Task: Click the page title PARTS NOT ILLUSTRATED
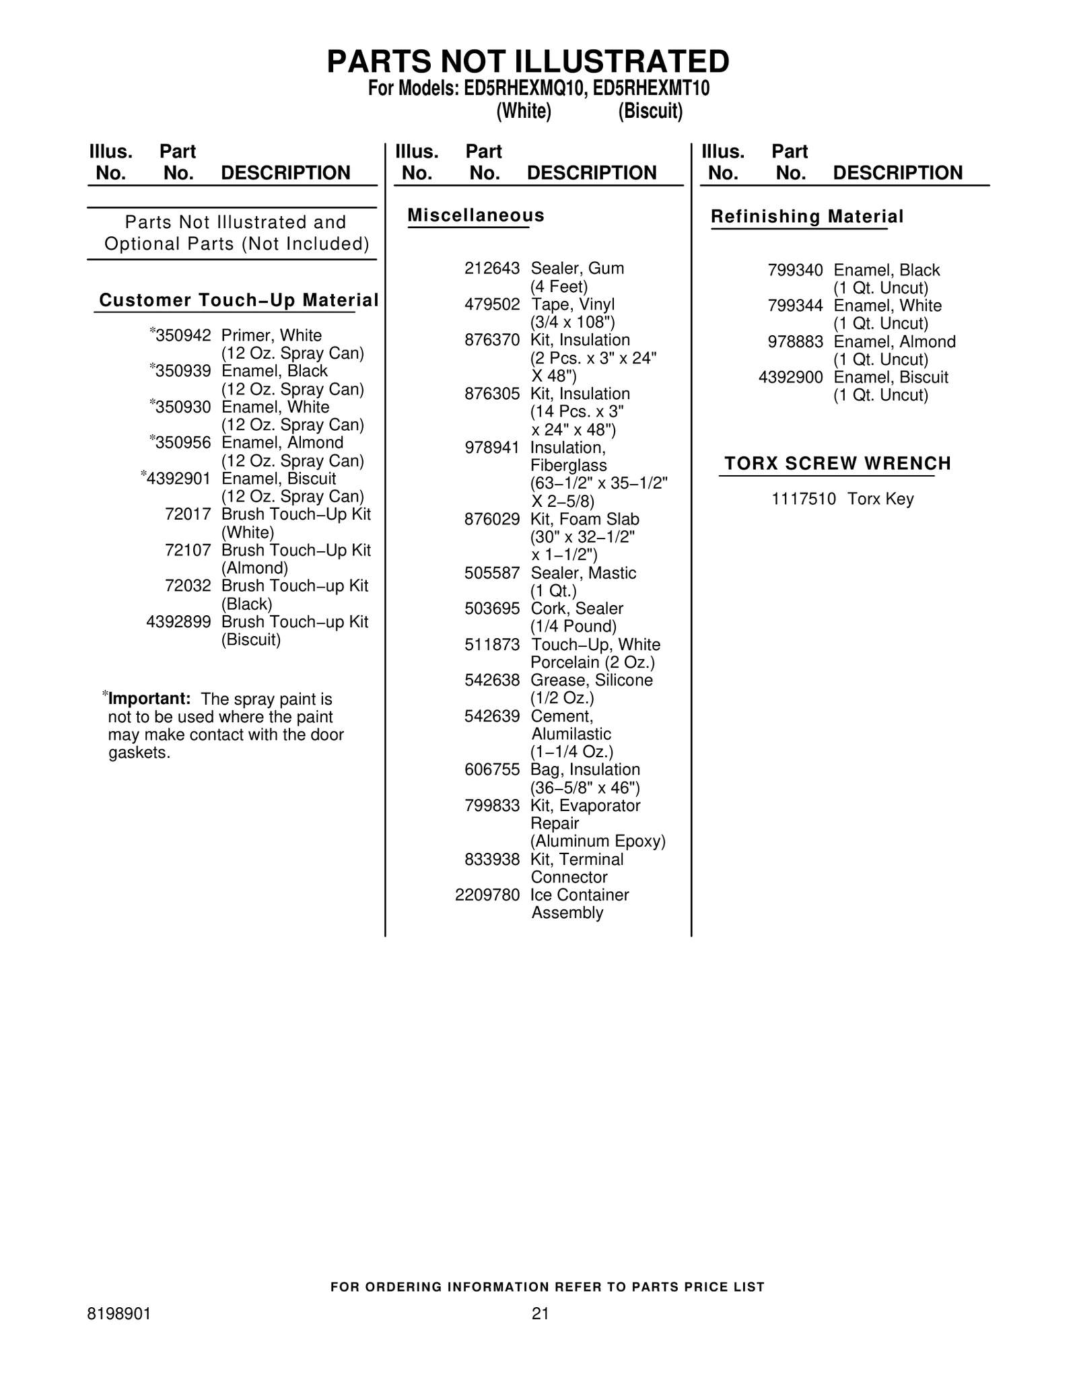coord(528,62)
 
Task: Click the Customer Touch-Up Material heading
coord(238,300)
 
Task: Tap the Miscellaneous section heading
coord(476,215)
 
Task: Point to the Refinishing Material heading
coord(807,217)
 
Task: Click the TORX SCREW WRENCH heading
coord(837,463)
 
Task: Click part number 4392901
coord(178,479)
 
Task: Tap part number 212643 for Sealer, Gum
coord(492,269)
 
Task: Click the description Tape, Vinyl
coord(573,304)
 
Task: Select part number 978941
coord(492,448)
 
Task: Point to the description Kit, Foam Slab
coord(585,519)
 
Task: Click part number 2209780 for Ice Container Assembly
coord(487,895)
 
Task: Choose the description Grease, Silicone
coord(592,681)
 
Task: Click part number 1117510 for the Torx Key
coord(804,499)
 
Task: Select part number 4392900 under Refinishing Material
coord(790,378)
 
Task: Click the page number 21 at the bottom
coord(541,1313)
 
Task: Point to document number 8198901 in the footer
coord(119,1313)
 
